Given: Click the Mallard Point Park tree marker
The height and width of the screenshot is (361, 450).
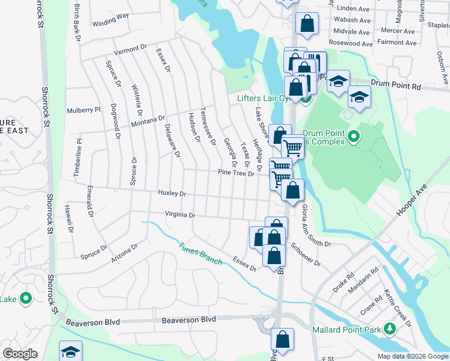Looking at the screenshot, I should coord(390,329).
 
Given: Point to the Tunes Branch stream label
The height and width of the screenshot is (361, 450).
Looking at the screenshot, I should coord(200,253).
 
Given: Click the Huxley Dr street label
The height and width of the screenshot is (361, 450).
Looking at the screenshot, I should coord(172,194).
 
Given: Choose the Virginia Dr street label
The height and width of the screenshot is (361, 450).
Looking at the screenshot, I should coord(180,215).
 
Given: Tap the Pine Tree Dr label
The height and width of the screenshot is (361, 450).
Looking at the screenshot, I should coord(236,173).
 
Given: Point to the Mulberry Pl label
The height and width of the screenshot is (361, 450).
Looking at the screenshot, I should coord(84,110).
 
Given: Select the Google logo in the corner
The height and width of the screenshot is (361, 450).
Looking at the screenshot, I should coord(20,354).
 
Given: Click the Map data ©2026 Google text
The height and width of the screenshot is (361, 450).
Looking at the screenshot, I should coord(412,356).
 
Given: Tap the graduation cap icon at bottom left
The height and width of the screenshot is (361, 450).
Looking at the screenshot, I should coord(70,351).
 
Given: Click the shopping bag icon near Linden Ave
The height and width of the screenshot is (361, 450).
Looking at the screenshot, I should coord(307,24).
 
